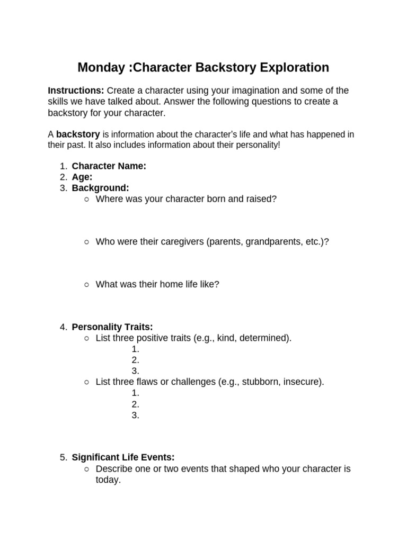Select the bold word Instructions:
point(76,91)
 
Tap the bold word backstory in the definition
point(78,134)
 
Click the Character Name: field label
point(109,166)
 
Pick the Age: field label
point(82,177)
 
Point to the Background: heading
point(100,188)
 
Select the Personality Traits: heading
point(112,327)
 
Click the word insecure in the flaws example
point(303,381)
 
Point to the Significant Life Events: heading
point(123,457)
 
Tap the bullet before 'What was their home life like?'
point(86,285)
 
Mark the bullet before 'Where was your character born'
point(86,199)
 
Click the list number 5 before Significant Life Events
point(63,457)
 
